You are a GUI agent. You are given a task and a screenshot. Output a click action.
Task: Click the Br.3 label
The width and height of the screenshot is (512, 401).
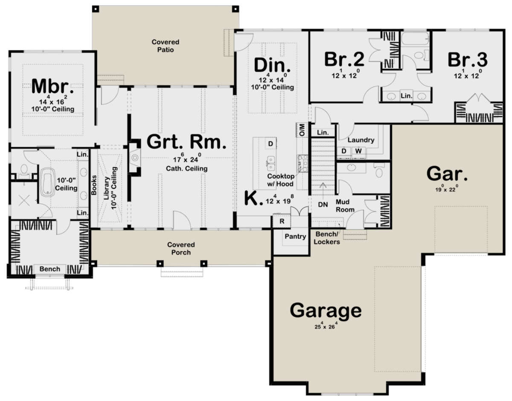coord(468,60)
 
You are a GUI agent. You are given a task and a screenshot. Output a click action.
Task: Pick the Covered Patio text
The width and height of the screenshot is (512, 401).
coord(165,46)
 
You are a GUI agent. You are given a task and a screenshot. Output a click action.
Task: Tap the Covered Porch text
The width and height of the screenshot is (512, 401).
coord(181,248)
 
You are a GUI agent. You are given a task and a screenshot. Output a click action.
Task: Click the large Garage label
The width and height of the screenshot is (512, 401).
coord(326,310)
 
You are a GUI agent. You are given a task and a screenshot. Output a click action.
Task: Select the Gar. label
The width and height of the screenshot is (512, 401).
coord(447,174)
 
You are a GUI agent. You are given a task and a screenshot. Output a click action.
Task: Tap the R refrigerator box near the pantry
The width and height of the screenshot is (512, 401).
coord(282,221)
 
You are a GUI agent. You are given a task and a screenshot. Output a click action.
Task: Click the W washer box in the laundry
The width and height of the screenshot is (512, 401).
coord(358,151)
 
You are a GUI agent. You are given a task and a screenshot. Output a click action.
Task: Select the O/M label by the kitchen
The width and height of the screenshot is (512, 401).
coord(301,130)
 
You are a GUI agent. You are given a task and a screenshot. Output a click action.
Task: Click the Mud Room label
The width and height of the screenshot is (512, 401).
coord(346,205)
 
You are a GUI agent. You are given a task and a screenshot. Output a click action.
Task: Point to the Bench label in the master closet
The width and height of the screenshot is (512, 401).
coord(49,269)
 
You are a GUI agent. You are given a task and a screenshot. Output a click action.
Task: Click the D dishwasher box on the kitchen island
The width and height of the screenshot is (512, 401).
coord(270,144)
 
